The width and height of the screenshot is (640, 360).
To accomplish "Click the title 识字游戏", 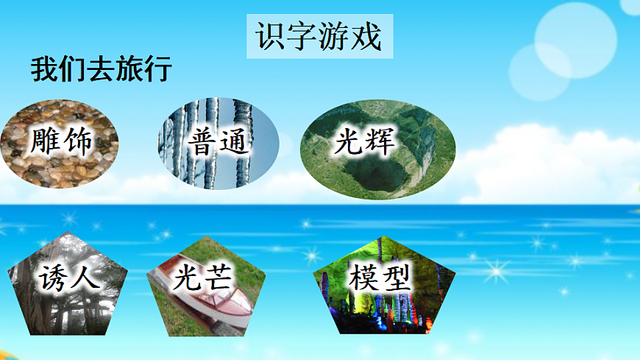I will (x=319, y=36).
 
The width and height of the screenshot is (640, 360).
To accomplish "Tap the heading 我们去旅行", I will (x=102, y=70).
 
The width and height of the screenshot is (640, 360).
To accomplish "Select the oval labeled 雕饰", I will (x=60, y=143).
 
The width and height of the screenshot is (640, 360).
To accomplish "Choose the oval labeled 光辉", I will (x=378, y=149).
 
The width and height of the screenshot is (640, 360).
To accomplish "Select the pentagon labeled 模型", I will (x=384, y=283).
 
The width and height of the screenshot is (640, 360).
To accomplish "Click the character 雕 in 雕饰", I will (x=44, y=141).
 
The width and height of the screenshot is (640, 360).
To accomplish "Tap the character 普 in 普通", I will (x=202, y=141).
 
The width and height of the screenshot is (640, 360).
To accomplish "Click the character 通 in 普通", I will (x=235, y=141).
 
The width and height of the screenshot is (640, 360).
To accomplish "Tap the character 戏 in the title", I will (x=367, y=37).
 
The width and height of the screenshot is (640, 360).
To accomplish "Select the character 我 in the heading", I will (x=43, y=70).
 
